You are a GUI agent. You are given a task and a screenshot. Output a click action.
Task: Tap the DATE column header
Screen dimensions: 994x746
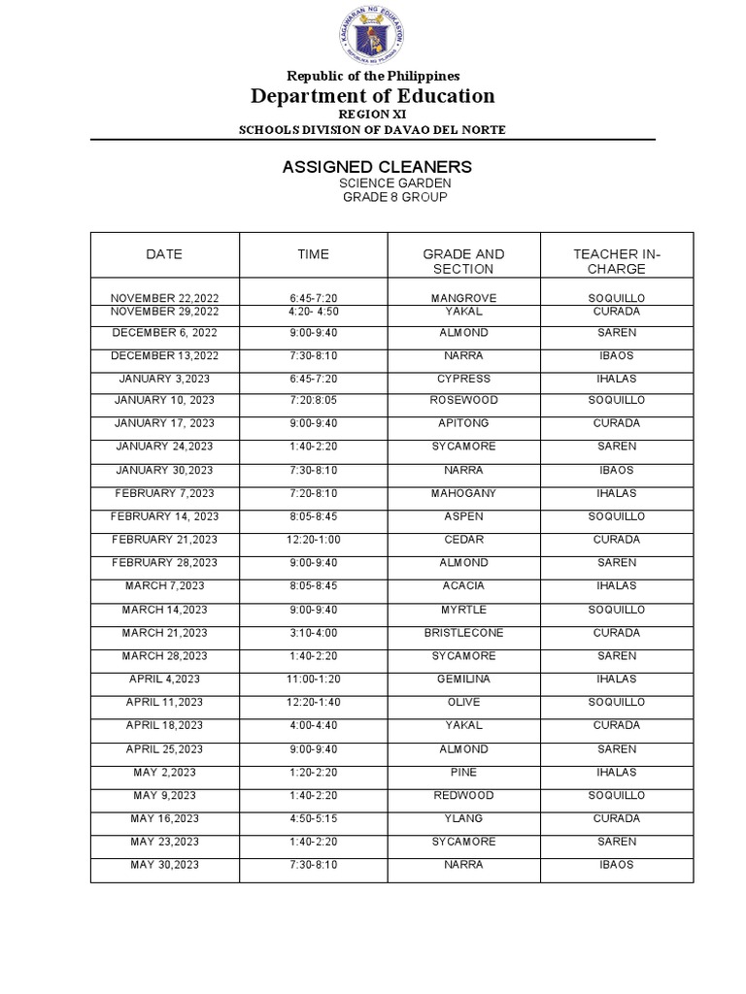(164, 254)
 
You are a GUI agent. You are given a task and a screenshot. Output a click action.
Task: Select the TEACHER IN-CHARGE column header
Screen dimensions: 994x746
(617, 261)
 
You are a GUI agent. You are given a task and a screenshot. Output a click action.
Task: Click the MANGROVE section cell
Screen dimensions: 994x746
(463, 298)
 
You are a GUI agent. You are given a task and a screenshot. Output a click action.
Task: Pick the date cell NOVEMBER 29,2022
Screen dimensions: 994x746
(164, 312)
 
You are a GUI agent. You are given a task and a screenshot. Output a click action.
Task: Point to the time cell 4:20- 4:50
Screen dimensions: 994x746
(313, 312)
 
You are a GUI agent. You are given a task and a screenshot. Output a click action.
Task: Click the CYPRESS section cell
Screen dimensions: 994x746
(463, 379)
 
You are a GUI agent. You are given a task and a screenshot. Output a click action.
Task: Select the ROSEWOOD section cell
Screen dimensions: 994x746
(463, 400)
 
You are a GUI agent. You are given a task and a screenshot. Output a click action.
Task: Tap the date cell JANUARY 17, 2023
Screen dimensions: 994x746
(164, 423)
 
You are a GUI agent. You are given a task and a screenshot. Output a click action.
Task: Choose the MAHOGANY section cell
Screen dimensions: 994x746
(463, 493)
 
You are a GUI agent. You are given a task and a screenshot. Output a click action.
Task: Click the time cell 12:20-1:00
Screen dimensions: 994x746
(313, 540)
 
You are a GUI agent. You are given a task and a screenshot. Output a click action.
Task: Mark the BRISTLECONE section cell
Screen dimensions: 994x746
(463, 633)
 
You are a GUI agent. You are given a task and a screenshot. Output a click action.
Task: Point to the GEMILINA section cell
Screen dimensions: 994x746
(463, 679)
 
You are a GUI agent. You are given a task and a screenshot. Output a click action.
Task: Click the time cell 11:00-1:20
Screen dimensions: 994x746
(313, 679)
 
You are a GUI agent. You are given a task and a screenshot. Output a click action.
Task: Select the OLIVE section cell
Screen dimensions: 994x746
(463, 703)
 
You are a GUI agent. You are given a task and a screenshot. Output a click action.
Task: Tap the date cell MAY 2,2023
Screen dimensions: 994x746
(164, 773)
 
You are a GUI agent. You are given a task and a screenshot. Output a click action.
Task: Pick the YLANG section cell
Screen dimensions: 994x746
(463, 819)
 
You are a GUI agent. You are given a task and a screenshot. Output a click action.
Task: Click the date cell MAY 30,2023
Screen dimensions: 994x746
(164, 865)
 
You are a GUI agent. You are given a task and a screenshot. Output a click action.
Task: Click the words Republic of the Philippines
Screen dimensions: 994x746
(373, 76)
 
